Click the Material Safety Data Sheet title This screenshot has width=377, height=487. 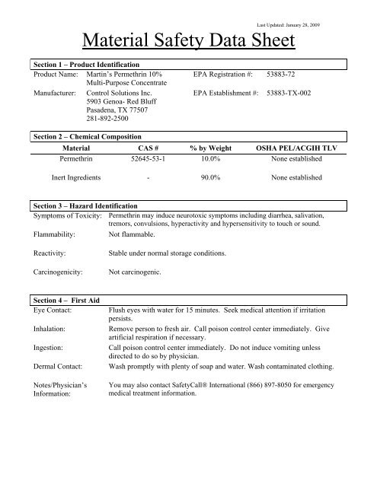coord(188,37)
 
